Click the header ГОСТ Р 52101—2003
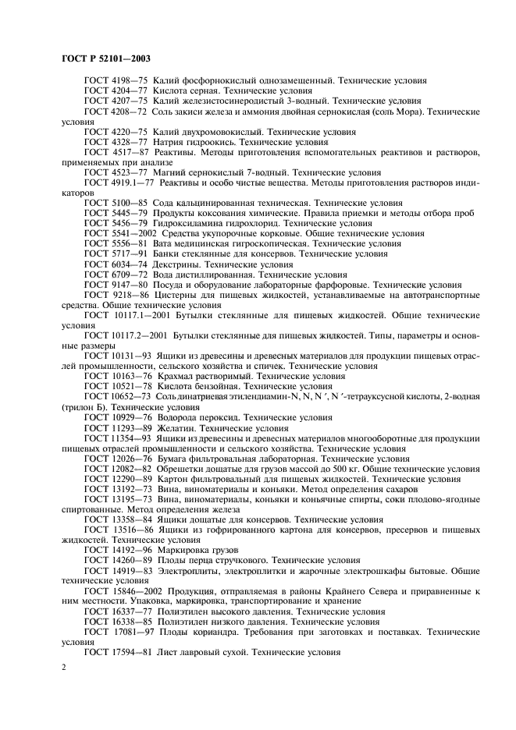point(105,58)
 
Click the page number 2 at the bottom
point(64,668)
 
